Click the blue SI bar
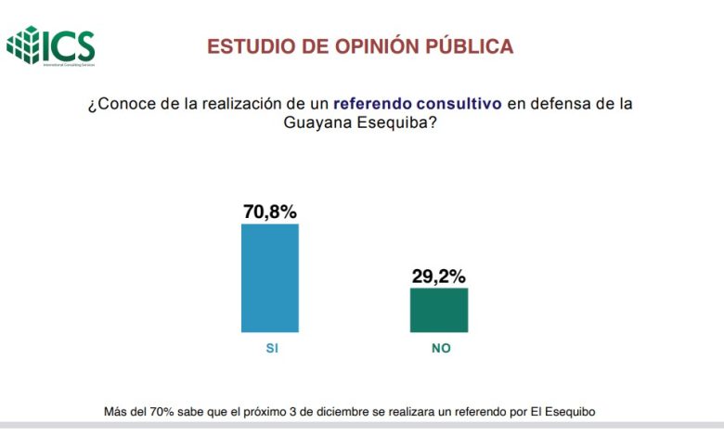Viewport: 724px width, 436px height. [x=269, y=277]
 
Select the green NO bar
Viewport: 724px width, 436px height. [x=438, y=309]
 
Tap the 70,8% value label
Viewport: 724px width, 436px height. [x=269, y=212]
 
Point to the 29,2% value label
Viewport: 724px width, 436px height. [x=438, y=276]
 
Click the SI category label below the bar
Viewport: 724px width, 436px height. [x=271, y=349]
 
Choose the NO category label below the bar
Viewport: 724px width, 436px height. [x=439, y=349]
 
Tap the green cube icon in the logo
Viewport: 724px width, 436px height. [x=25, y=45]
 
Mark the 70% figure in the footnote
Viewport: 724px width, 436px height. [x=159, y=410]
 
